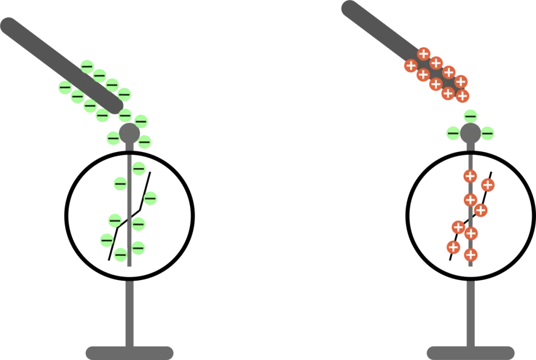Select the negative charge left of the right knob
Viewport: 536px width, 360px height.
[453, 133]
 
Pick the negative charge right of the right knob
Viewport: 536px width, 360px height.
[488, 133]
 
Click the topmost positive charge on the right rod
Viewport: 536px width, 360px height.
[424, 53]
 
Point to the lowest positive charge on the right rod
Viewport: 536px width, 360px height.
[463, 96]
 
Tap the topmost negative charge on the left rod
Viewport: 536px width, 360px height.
[86, 65]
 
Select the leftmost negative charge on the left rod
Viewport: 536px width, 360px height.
[65, 87]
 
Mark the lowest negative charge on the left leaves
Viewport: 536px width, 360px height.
[121, 255]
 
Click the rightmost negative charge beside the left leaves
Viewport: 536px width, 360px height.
[151, 199]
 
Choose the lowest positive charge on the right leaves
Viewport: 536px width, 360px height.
[471, 255]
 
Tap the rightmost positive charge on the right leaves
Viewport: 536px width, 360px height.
[488, 185]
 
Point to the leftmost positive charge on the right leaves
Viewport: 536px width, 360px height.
[453, 246]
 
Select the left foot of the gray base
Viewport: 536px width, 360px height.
[129, 352]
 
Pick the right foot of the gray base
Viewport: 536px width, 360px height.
[470, 352]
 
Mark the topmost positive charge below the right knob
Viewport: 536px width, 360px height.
[470, 176]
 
